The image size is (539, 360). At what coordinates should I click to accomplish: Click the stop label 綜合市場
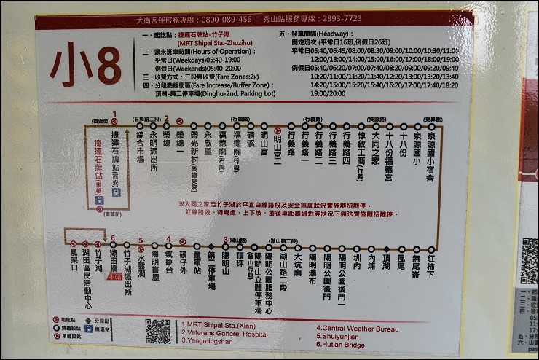(140, 146)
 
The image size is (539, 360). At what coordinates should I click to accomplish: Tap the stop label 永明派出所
(153, 150)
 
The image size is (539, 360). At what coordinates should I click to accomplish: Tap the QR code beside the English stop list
(157, 330)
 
